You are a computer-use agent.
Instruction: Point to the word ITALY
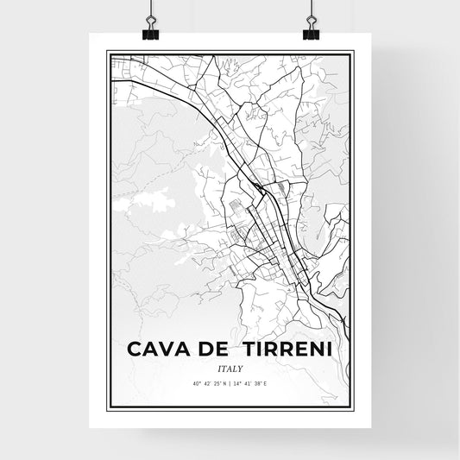point(229,369)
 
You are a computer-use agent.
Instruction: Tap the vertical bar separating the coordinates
point(230,385)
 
